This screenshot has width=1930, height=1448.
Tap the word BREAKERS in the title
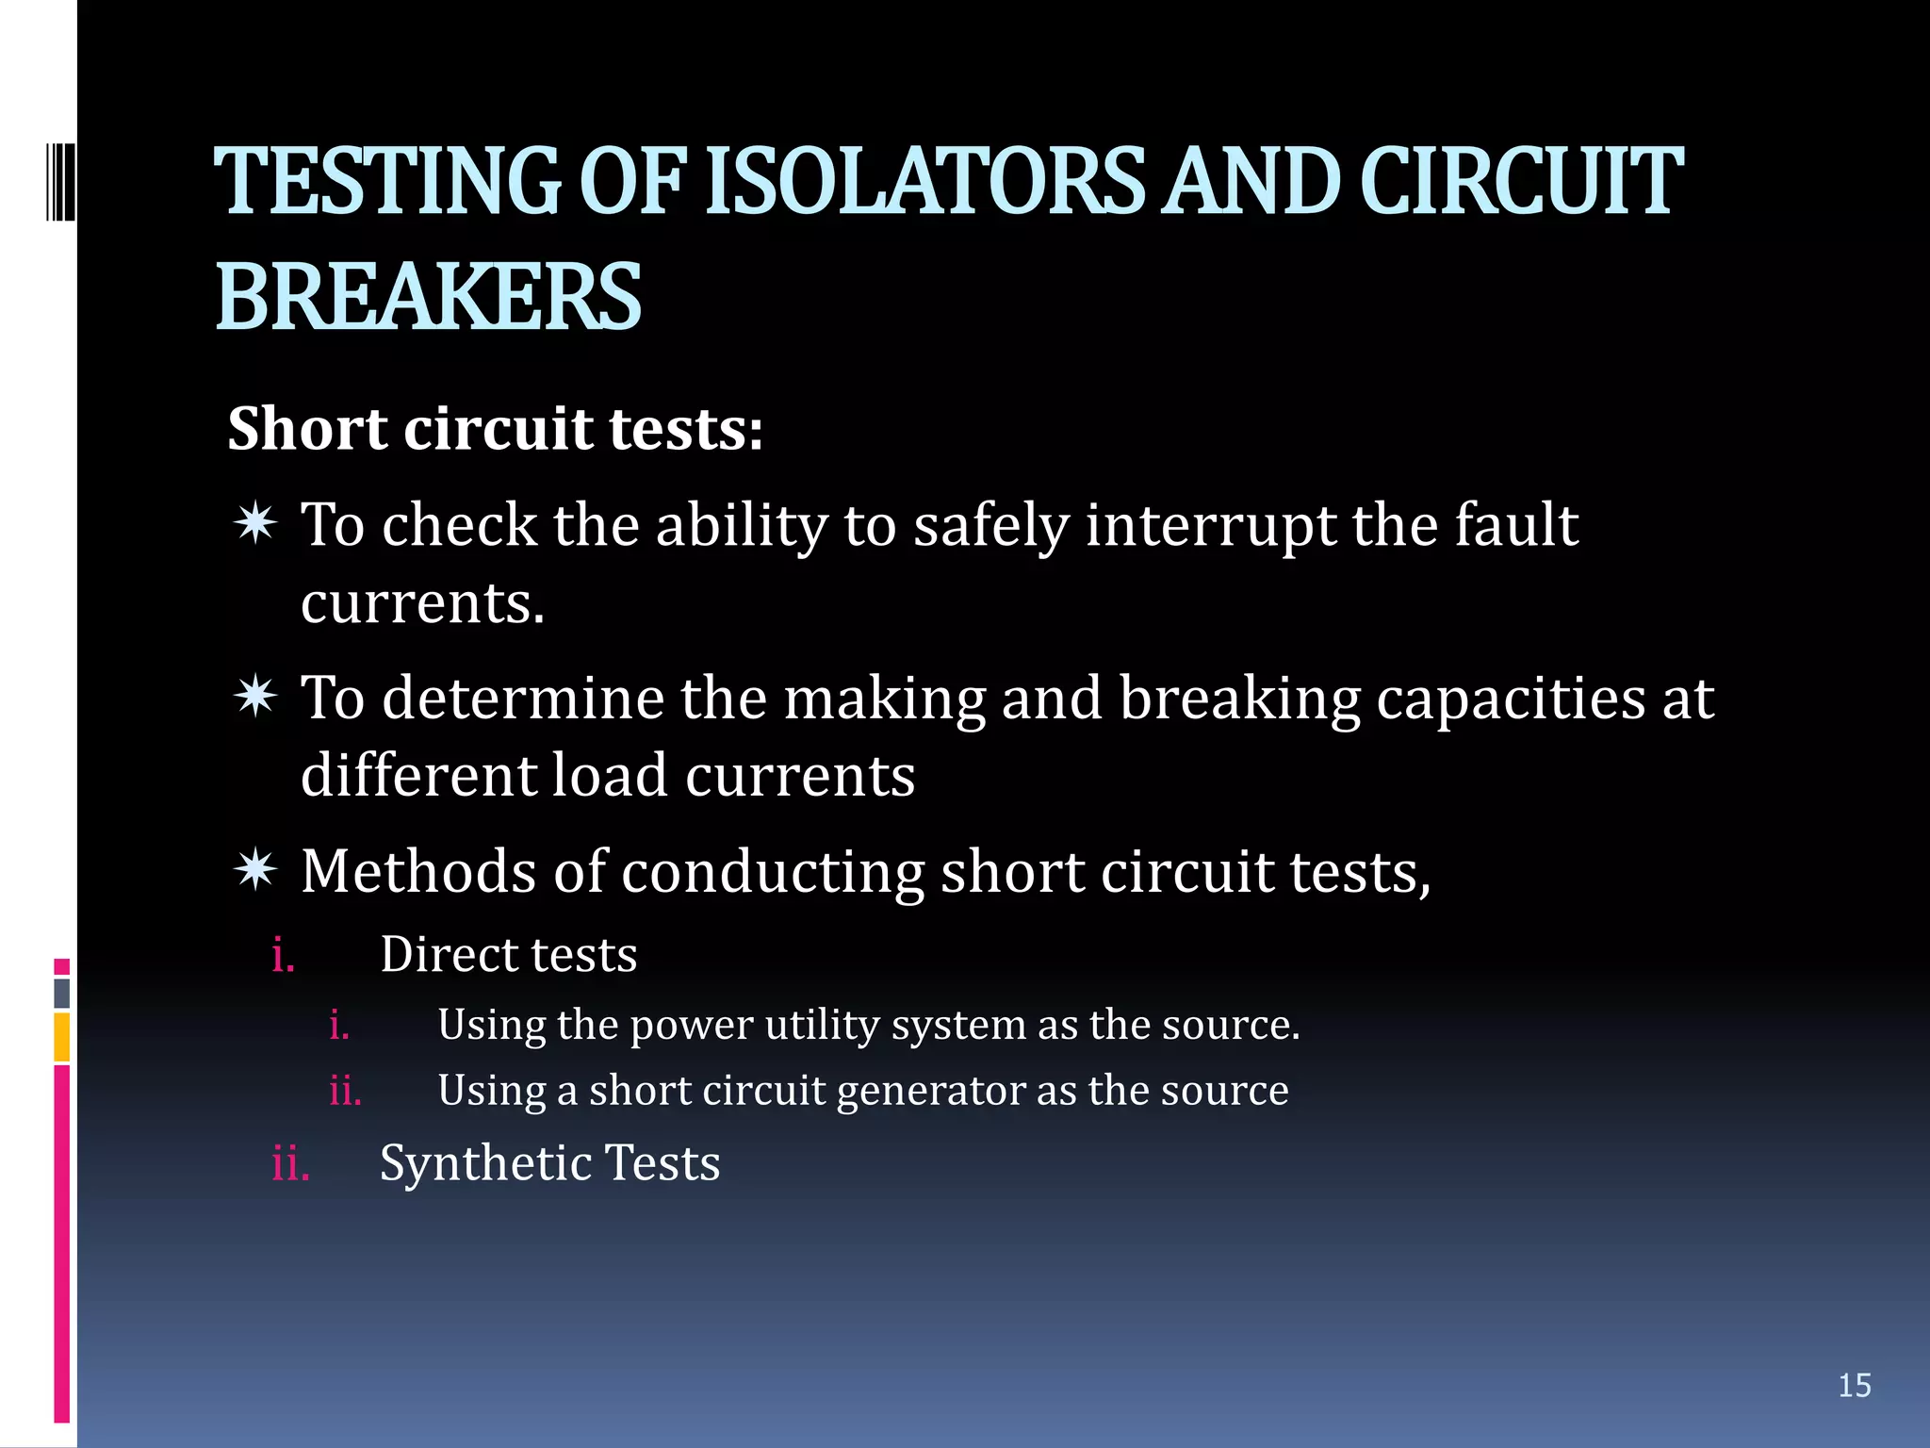click(x=429, y=298)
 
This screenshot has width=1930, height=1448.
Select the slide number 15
click(x=1854, y=1385)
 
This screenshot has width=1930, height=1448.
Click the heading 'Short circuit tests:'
click(x=495, y=429)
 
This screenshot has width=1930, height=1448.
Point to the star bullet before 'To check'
click(x=255, y=523)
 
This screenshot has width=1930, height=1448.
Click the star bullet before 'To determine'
click(x=255, y=697)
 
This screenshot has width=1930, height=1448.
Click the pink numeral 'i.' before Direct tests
click(x=283, y=956)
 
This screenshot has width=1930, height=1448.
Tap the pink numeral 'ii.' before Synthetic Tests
click(x=290, y=1164)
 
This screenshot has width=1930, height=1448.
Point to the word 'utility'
click(x=821, y=1026)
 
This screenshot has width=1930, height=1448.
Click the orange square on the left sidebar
click(x=62, y=1037)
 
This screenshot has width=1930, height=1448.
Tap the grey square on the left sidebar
click(x=62, y=993)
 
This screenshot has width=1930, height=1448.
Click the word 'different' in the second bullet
click(x=417, y=776)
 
